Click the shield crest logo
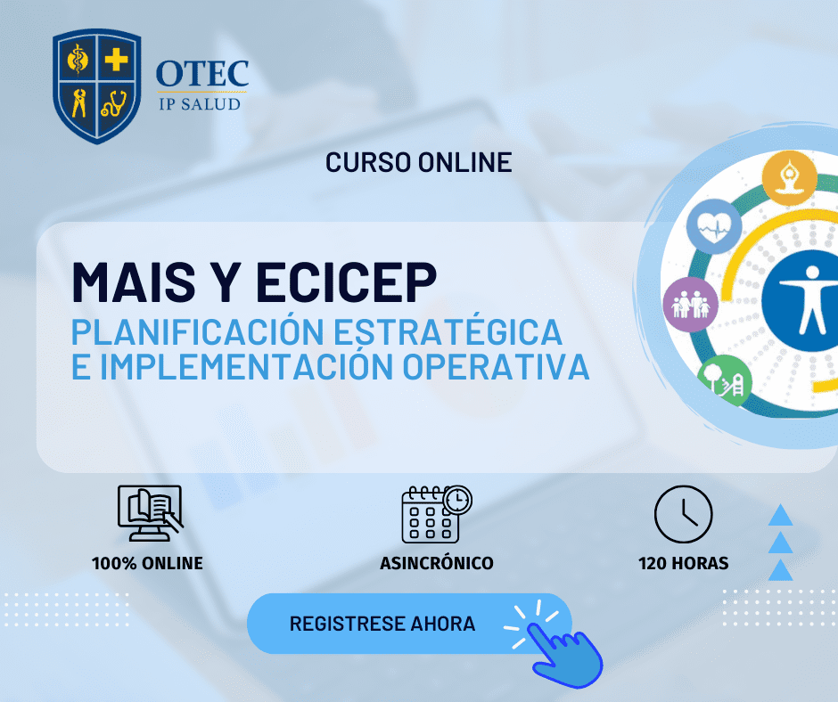97,86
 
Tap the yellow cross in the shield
116,60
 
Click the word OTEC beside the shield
202,74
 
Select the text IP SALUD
200,103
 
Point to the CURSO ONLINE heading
418,162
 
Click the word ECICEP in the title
346,282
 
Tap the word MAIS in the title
134,282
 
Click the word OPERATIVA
496,366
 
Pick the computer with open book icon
150,513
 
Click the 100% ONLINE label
147,563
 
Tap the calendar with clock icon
437,514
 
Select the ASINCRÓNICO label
437,563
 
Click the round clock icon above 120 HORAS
684,514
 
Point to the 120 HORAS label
684,563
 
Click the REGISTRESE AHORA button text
382,624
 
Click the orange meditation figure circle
789,178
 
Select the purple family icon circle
691,305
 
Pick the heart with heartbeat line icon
714,226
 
